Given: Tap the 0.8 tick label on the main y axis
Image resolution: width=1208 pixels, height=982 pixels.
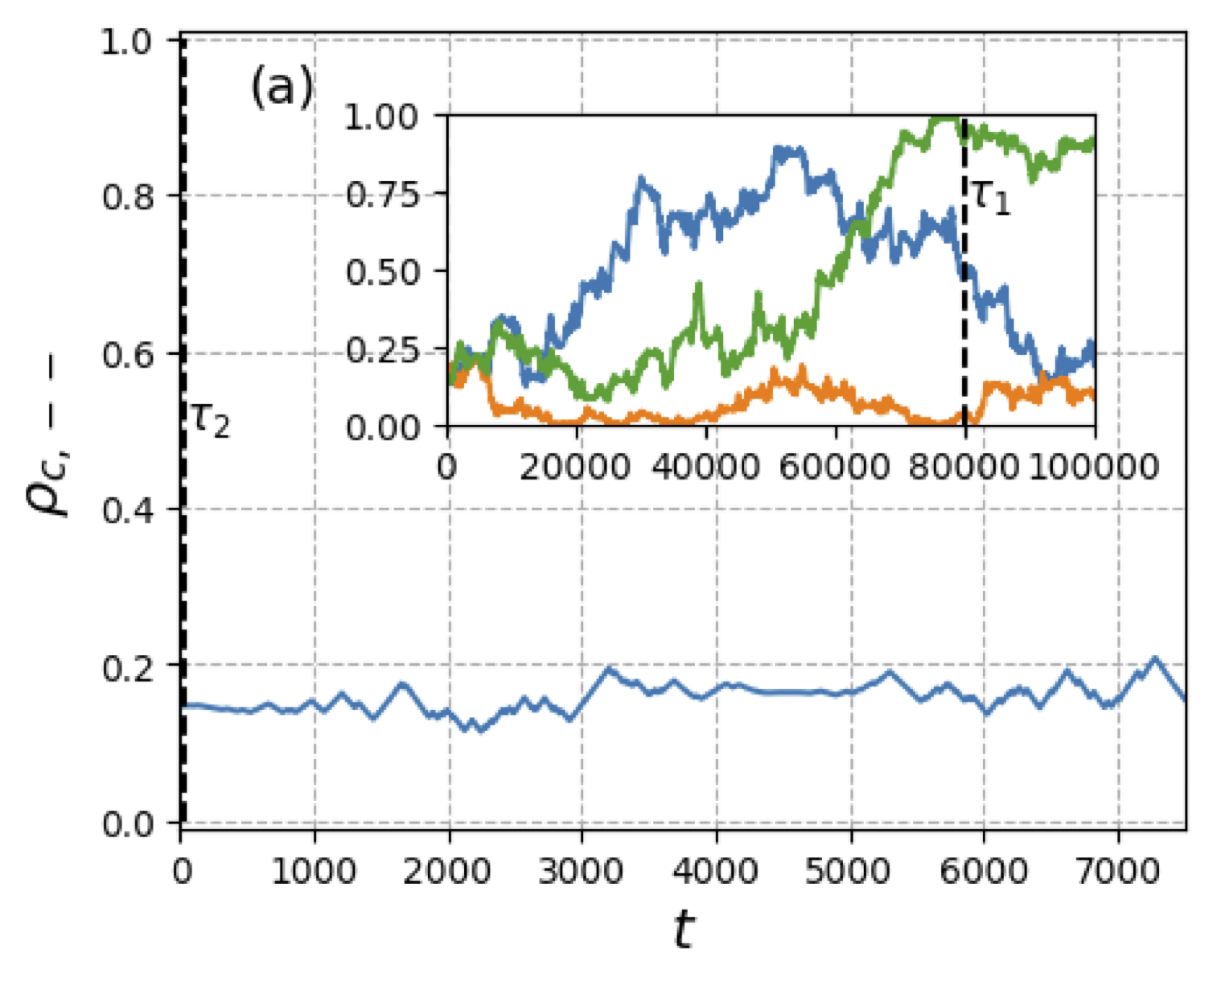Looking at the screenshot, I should click(128, 197).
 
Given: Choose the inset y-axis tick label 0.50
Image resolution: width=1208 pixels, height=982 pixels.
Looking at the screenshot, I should click(382, 272).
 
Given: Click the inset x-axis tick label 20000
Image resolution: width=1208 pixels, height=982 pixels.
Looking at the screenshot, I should click(575, 468).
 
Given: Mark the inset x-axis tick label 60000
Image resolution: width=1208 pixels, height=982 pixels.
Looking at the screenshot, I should click(835, 468).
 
